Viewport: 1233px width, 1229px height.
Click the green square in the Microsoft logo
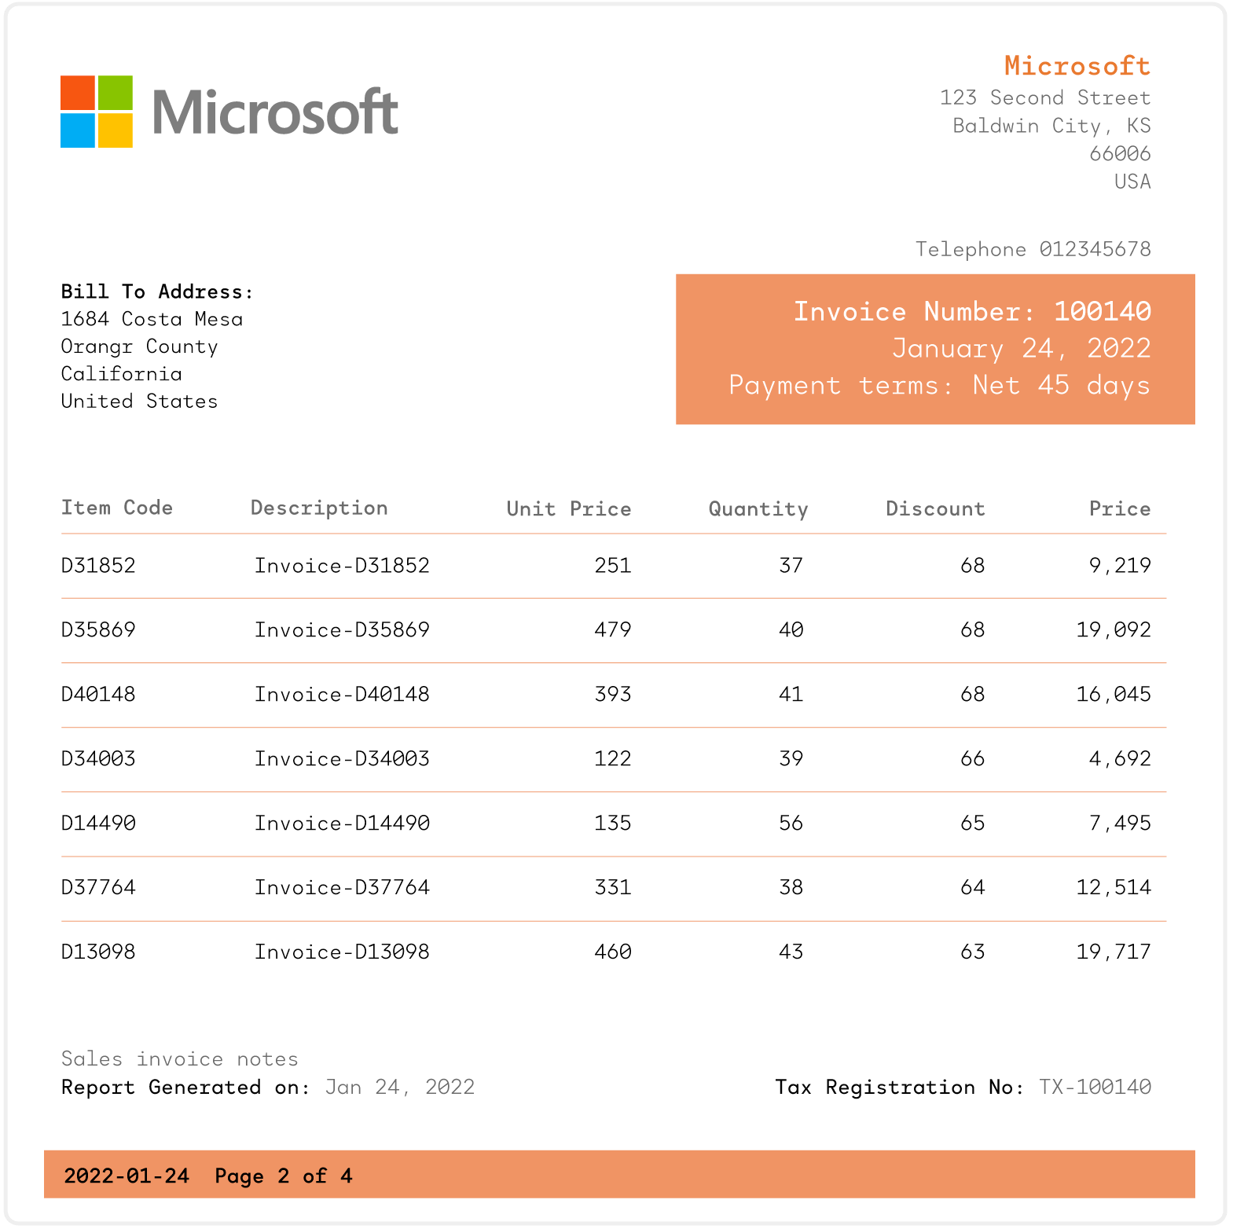115,93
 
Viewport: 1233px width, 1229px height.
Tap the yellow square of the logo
115,130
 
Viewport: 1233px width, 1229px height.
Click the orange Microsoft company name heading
1077,66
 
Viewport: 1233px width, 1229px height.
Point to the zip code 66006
1119,153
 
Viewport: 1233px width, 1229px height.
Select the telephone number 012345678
1095,249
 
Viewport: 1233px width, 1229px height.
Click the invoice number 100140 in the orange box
1102,311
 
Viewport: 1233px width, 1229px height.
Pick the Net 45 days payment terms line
939,385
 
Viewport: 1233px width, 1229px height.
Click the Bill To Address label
157,292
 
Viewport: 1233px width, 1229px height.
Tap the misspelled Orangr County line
139,347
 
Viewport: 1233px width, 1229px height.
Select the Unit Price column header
568,508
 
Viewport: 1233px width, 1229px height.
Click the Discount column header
935,508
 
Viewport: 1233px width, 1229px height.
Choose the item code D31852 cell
98,566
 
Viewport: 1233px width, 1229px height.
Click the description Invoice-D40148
342,695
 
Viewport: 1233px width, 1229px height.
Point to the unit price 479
612,630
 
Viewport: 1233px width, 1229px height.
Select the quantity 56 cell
791,824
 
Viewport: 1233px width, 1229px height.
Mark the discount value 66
972,759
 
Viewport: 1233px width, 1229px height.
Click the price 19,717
1113,952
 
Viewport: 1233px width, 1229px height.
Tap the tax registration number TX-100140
1095,1088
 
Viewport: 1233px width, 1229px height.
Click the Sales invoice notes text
180,1059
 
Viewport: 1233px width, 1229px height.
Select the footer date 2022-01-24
127,1176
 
